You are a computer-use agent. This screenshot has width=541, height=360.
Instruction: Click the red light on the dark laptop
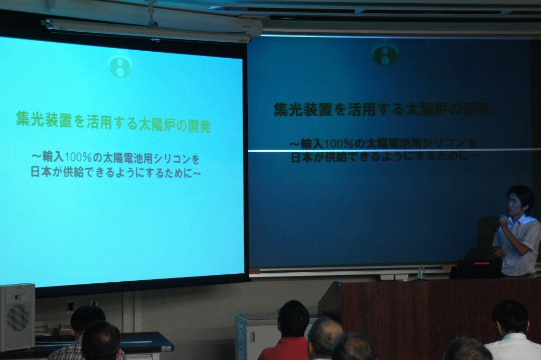(482, 263)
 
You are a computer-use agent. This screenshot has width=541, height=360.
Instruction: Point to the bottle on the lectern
(421, 273)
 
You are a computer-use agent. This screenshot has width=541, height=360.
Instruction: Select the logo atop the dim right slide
(385, 53)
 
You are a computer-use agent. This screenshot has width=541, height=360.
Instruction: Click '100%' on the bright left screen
(78, 156)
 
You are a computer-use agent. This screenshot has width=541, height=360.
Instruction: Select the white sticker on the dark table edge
(166, 348)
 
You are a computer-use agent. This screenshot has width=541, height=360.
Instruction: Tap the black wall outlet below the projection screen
(71, 307)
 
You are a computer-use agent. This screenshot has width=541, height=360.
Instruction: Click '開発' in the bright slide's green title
(199, 126)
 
